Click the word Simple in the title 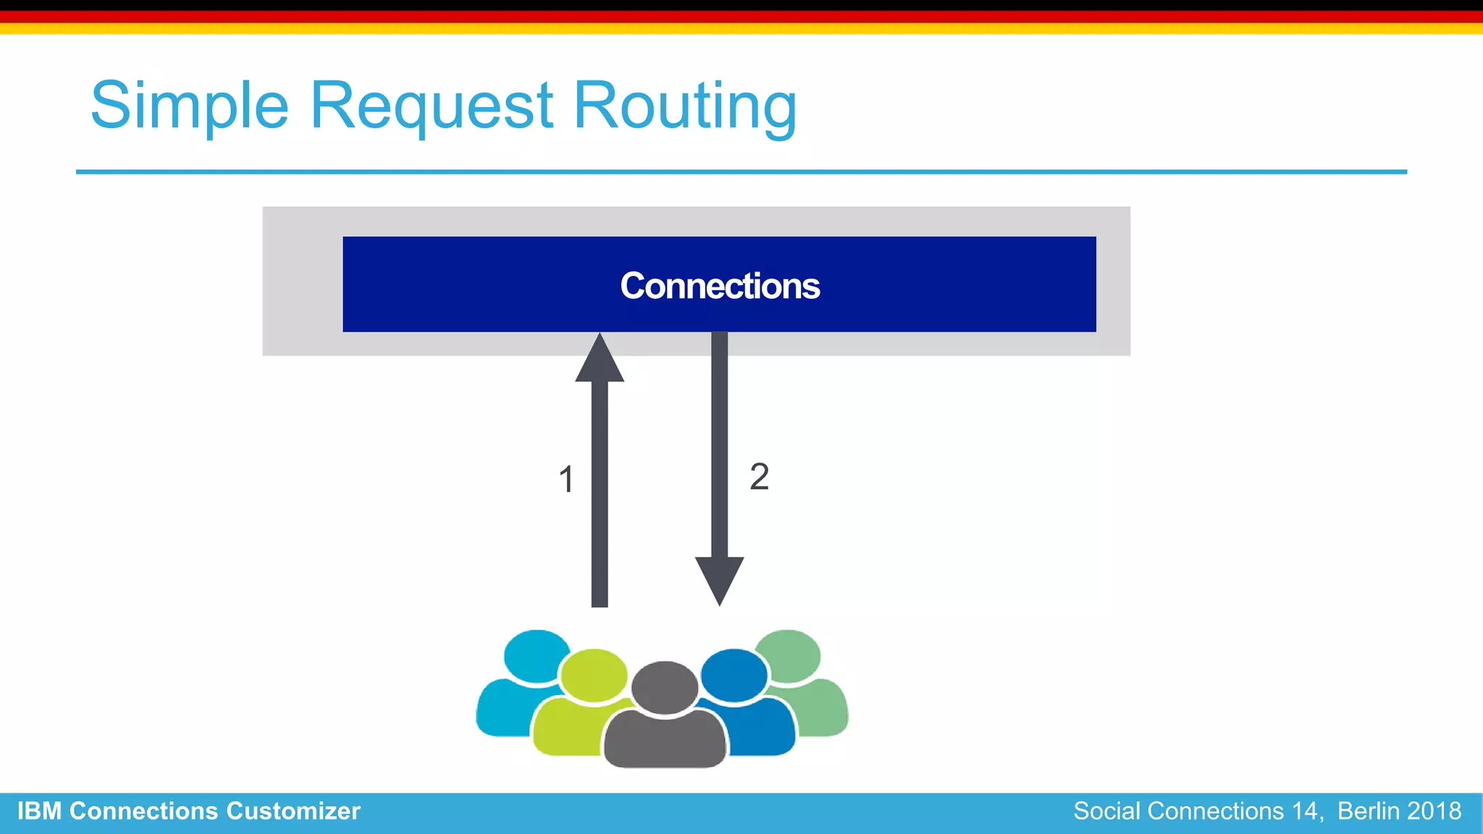pyautogui.click(x=190, y=106)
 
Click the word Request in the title pyautogui.click(x=432, y=106)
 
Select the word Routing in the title pyautogui.click(x=684, y=106)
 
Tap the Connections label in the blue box pyautogui.click(x=720, y=286)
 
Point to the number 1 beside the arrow pyautogui.click(x=566, y=479)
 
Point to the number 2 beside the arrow pyautogui.click(x=759, y=476)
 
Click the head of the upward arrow pyautogui.click(x=600, y=359)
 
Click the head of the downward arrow pyautogui.click(x=719, y=578)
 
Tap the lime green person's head pyautogui.click(x=594, y=675)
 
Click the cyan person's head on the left pyautogui.click(x=536, y=655)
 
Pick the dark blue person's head pyautogui.click(x=734, y=675)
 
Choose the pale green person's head pyautogui.click(x=788, y=655)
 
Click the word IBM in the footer pyautogui.click(x=39, y=812)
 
